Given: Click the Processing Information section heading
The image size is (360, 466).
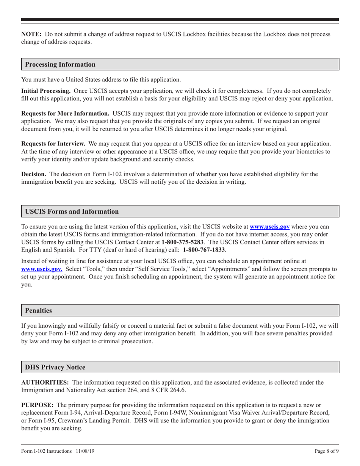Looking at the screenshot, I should click(60, 64).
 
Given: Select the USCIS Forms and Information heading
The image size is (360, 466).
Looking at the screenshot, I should click(72, 211).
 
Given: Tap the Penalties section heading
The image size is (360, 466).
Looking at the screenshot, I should click(38, 310).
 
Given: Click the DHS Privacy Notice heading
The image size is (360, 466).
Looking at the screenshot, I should click(55, 367).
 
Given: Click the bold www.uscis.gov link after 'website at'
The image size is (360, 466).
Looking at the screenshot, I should click(269, 227).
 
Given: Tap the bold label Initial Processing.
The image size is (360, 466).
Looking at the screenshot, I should click(45, 91).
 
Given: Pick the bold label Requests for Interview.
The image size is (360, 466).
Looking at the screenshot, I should click(53, 144).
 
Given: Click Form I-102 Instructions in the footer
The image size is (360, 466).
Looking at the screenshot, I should click(46, 451).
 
